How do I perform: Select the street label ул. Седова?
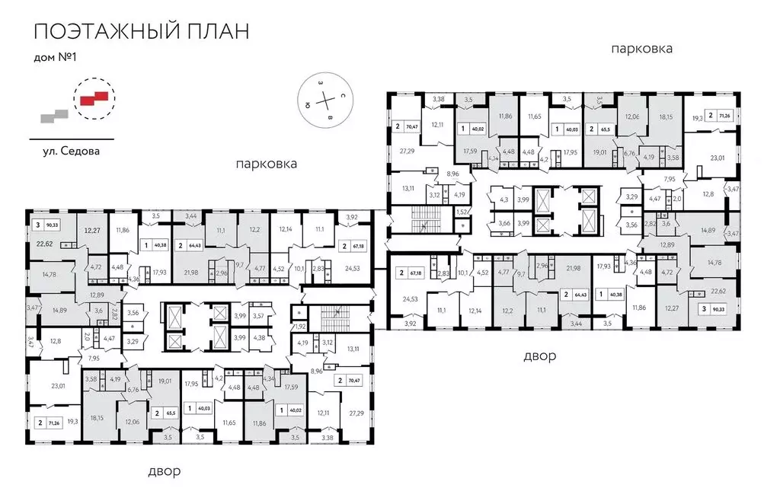pos(71,151)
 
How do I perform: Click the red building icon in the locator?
pos(92,96)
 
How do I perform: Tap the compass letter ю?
pos(306,104)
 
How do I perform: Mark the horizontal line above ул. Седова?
pos(71,139)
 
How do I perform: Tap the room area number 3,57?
pos(259,315)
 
